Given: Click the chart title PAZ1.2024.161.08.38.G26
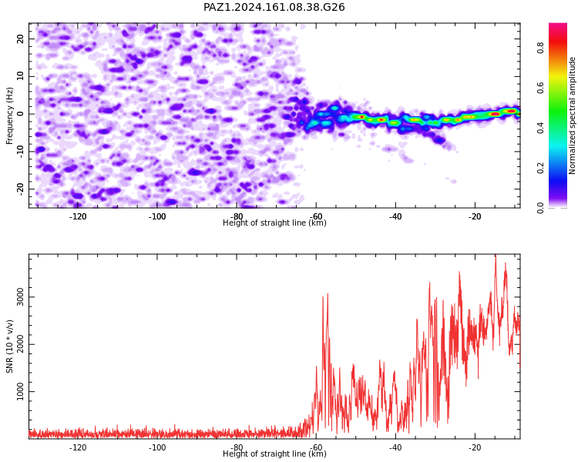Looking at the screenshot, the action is tap(274, 7).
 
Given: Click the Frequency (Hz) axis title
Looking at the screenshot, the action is tap(9, 115).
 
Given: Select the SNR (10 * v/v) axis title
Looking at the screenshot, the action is tap(9, 346).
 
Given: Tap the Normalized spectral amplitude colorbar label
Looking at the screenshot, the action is tap(572, 115).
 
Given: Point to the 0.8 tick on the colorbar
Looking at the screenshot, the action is tap(540, 48).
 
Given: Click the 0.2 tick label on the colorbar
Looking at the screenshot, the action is tap(540, 168).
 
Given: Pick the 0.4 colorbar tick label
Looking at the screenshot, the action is tap(540, 128).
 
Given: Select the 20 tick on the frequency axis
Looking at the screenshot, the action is tap(20, 38).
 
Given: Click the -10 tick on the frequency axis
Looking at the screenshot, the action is tap(20, 151).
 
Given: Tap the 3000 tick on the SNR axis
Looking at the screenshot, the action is tap(20, 297).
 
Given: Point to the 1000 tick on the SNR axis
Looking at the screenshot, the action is tap(20, 391).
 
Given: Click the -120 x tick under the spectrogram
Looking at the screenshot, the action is tap(77, 216).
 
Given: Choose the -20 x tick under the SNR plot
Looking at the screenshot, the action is tap(475, 447).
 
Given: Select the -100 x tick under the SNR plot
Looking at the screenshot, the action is tap(157, 447).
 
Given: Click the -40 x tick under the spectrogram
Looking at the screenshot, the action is tap(395, 216).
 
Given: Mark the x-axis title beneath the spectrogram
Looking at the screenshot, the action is tap(274, 223).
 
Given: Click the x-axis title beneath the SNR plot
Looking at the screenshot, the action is tap(274, 454).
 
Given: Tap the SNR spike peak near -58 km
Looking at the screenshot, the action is tap(328, 294).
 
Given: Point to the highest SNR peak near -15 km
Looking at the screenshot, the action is tap(496, 255).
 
